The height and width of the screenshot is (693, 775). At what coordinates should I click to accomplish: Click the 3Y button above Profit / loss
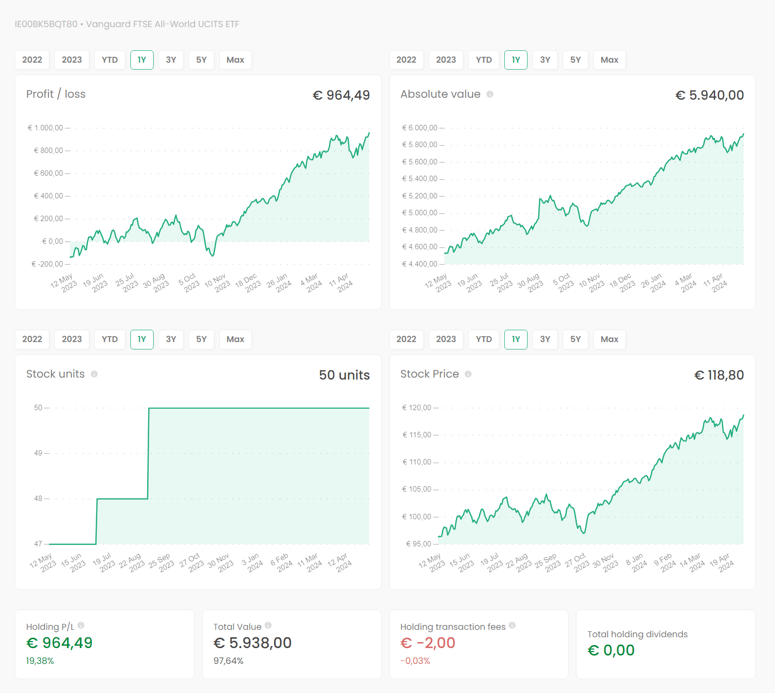(171, 60)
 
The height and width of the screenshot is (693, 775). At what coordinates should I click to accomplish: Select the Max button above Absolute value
(609, 60)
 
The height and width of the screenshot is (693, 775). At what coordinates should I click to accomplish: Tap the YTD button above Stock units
(110, 339)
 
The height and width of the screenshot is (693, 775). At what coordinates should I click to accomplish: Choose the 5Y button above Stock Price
(575, 339)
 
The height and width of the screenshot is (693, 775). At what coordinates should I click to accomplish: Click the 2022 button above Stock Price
(406, 339)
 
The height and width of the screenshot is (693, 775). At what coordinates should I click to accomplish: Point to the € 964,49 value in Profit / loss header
(341, 95)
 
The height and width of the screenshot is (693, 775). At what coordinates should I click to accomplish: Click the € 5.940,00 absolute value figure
(709, 95)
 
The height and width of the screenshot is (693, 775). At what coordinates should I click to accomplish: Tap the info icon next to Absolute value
(490, 94)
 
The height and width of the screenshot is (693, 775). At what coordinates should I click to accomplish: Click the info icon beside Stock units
(94, 374)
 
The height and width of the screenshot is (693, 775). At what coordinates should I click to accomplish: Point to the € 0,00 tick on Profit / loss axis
(52, 241)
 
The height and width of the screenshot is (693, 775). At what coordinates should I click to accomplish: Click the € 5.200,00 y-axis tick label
(419, 196)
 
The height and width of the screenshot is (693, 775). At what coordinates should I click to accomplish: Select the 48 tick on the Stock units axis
(38, 499)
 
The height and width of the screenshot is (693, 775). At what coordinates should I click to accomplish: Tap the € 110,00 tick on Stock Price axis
(417, 462)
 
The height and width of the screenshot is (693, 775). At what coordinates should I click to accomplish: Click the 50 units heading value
(344, 375)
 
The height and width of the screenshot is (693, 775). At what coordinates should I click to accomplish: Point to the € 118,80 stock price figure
(719, 375)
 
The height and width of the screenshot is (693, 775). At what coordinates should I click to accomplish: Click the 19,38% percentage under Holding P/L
(40, 661)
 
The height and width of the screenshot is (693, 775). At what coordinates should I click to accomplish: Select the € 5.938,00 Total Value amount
(252, 643)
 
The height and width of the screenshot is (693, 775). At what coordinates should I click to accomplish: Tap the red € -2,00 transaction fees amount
(428, 643)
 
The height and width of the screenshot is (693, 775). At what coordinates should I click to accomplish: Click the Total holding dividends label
(637, 634)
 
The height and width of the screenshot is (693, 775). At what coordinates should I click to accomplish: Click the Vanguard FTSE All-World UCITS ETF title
(163, 24)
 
